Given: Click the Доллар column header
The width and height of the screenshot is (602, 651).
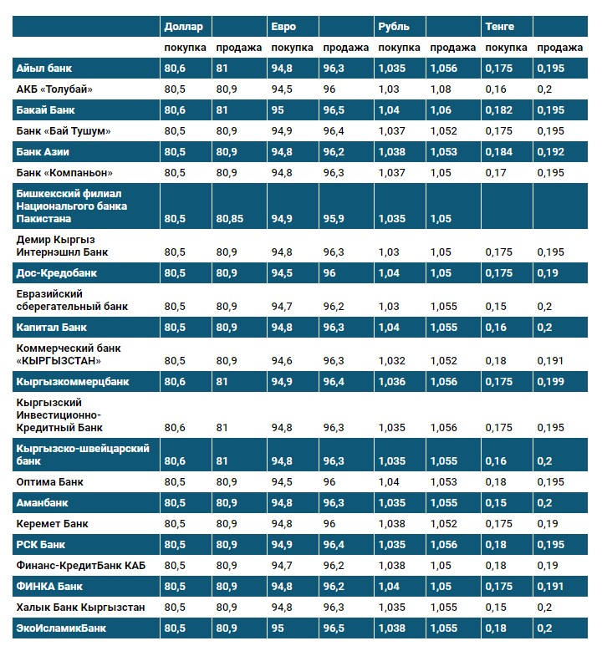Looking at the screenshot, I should coord(184,27).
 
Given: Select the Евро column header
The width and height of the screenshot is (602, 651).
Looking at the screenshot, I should coord(283,27).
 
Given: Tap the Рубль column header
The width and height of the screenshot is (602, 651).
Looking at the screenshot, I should coord(394,27).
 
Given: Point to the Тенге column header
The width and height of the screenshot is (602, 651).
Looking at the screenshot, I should coord(500,27).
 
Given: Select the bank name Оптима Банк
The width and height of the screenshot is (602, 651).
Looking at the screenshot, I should coord(50,482).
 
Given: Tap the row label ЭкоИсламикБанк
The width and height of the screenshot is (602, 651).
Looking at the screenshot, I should coord(61,627).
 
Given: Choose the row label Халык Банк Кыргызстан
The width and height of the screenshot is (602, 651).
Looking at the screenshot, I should coord(80,607).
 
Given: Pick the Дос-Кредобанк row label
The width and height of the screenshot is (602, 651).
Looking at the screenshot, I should coord(57,273).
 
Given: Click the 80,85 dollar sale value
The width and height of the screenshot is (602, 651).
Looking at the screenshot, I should coord(230,219).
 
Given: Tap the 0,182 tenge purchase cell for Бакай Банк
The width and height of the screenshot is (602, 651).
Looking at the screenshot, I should coord(499,110).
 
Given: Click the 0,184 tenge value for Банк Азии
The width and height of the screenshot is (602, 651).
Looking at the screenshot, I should coord(499,152).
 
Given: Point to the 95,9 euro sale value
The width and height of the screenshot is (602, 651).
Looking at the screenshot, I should coord(334,219).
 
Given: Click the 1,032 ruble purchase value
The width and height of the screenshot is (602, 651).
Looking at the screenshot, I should coord(392,361).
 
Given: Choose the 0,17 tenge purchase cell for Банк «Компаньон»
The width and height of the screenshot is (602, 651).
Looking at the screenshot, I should coord(496,173).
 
